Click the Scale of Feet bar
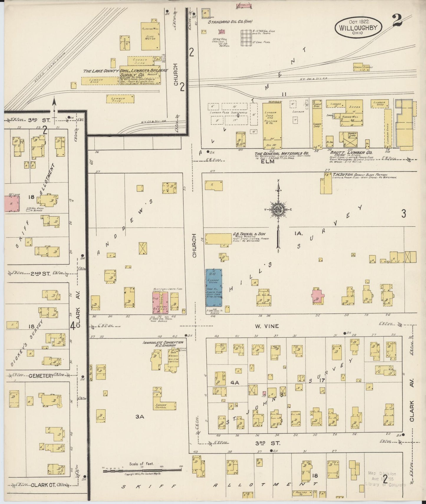coord(142,470)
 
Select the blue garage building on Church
coord(214,287)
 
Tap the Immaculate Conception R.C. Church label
coord(163,344)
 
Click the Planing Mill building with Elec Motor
coord(151,36)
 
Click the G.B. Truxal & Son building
coord(218,238)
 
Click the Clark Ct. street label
coord(43,485)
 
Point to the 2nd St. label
coord(40,274)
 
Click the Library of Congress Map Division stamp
coord(385,479)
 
